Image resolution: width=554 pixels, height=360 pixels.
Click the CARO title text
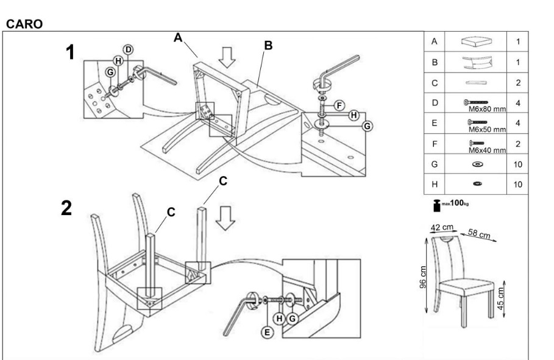click(x=24, y=24)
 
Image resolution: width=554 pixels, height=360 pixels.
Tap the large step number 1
click(x=71, y=52)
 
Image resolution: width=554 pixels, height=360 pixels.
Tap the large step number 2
click(x=66, y=208)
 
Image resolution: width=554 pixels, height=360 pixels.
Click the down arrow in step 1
click(x=227, y=57)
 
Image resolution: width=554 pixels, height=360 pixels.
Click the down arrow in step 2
click(x=226, y=218)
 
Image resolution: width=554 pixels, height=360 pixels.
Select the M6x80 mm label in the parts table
click(x=487, y=109)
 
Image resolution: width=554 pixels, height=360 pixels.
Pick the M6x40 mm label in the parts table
click(x=487, y=150)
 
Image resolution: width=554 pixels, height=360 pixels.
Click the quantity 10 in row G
click(x=517, y=164)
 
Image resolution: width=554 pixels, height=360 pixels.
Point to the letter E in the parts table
click(x=434, y=123)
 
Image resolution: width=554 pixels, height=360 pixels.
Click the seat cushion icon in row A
click(x=477, y=41)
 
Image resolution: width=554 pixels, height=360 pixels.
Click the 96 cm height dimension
click(x=423, y=277)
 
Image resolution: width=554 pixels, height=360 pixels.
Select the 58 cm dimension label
click(x=479, y=233)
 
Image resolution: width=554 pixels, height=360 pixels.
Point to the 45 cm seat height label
click(x=500, y=298)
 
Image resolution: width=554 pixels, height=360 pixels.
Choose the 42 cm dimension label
click(x=442, y=227)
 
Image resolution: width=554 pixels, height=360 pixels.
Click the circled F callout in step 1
click(x=339, y=105)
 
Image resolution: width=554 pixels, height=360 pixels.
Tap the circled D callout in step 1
click(x=128, y=50)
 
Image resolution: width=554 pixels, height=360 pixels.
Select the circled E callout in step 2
click(x=267, y=332)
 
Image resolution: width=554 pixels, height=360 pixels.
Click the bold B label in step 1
click(x=268, y=45)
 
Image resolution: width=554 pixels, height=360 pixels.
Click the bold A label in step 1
click(x=178, y=37)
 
